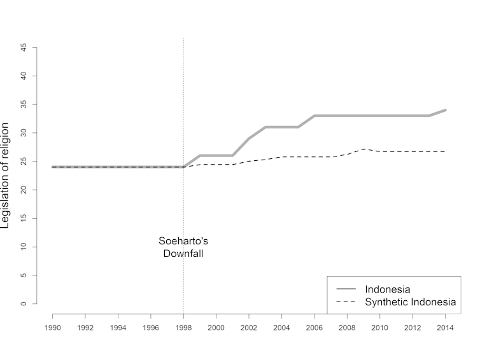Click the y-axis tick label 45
pos(24,47)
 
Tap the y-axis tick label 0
pos(24,303)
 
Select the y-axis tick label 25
pos(24,161)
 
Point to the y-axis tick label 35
pos(24,104)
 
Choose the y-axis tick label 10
pos(24,247)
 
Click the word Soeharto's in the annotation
pos(183,241)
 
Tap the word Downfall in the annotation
pos(183,253)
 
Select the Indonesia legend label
pos(387,289)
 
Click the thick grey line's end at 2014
pos(446,110)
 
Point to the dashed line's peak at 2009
pos(364,149)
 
